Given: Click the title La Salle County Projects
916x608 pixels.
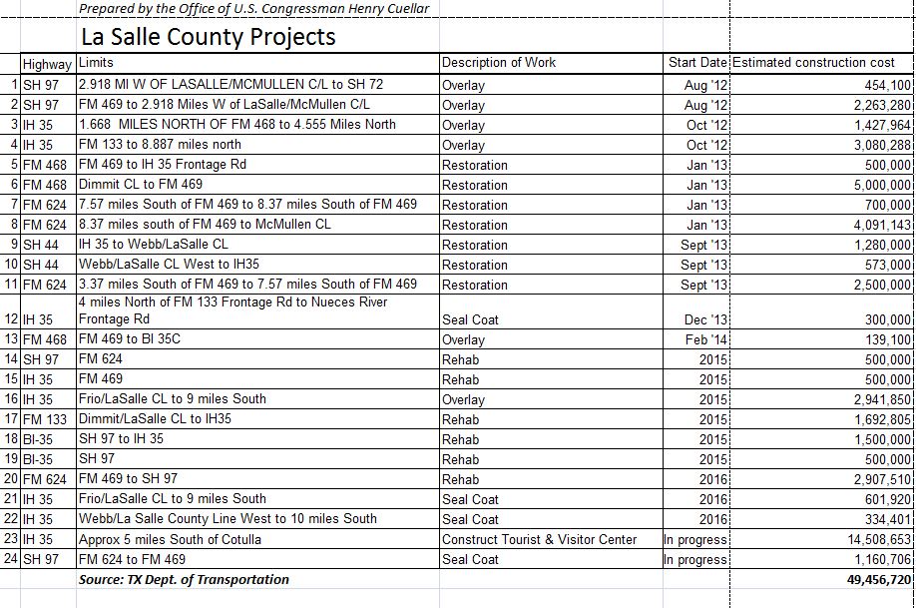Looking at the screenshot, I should click(x=208, y=38).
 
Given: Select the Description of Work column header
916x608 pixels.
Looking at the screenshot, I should click(x=499, y=63).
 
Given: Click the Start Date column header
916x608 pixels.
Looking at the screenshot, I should click(x=697, y=63).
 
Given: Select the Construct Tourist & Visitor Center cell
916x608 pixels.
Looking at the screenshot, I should click(x=539, y=539).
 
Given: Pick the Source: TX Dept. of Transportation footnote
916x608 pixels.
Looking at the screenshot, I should click(x=184, y=579).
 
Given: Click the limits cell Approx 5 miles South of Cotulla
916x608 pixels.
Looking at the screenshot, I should click(x=170, y=539).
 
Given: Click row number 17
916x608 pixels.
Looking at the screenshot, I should click(x=11, y=419).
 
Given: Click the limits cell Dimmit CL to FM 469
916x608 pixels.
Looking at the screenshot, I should click(x=140, y=184).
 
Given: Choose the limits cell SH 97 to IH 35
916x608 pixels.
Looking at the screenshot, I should click(x=121, y=438).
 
